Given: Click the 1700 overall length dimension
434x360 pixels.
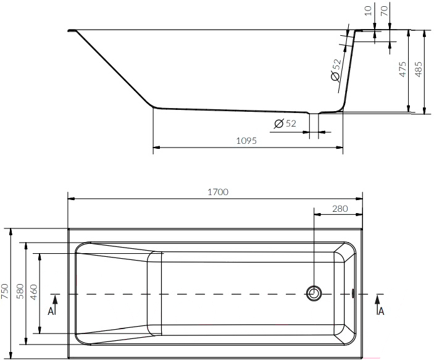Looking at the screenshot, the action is [x=218, y=192].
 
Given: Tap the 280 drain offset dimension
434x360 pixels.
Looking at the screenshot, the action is [x=340, y=209].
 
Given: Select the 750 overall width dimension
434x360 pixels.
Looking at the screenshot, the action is [x=6, y=291].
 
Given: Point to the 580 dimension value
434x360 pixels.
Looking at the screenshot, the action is [x=20, y=291].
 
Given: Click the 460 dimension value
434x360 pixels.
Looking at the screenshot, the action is [x=33, y=292].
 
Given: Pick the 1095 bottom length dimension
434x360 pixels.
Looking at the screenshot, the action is [x=246, y=141].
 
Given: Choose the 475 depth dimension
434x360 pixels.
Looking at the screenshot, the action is [x=403, y=69].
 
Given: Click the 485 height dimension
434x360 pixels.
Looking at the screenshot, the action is [x=419, y=69].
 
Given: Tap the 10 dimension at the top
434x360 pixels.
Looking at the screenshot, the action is [x=368, y=10].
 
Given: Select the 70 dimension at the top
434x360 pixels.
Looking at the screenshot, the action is [x=385, y=10].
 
